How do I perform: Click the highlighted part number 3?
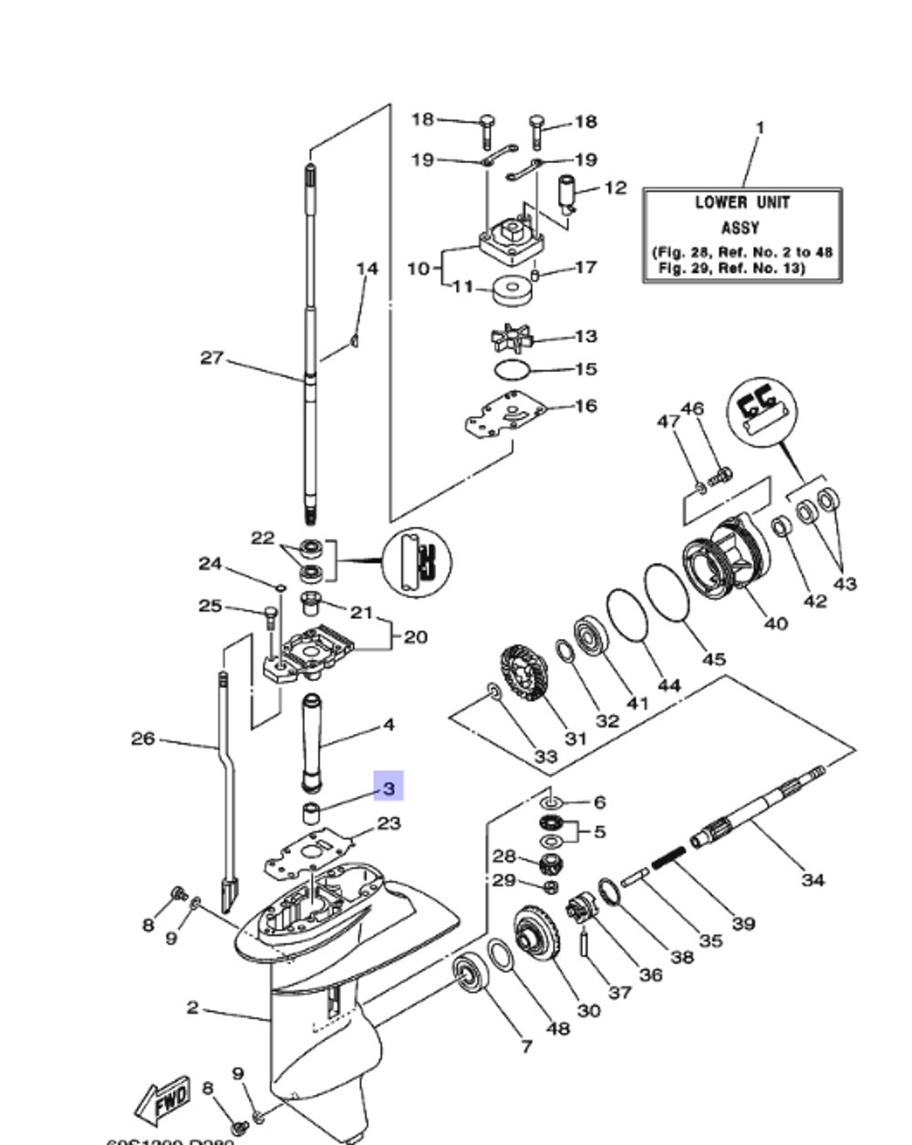[x=389, y=786]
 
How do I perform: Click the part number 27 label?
[x=212, y=358]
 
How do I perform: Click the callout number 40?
[x=775, y=624]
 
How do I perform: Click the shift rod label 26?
[x=143, y=738]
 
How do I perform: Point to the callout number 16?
[x=586, y=405]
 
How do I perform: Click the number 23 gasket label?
[x=389, y=823]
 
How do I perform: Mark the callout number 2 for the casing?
[x=192, y=1007]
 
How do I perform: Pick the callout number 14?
[x=367, y=269]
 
